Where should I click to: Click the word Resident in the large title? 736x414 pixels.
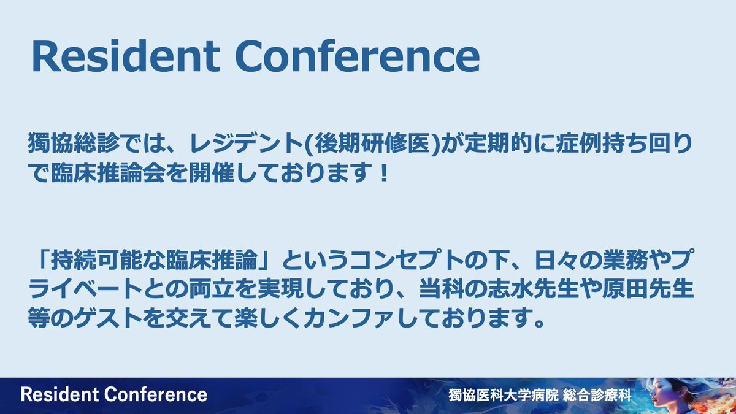coord(126,56)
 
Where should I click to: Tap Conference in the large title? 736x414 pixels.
coord(358,56)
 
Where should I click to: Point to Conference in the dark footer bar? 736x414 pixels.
coord(156,394)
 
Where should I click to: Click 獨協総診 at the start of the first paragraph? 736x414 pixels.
coord(74,143)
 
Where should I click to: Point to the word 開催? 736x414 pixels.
coord(212,172)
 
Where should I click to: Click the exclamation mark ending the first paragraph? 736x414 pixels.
coord(383,172)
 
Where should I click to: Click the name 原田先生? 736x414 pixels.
coord(648,289)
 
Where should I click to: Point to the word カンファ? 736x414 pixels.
coord(349,318)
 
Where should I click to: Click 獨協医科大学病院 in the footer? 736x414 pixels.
coord(504,395)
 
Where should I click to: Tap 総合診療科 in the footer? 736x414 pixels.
coord(597,395)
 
